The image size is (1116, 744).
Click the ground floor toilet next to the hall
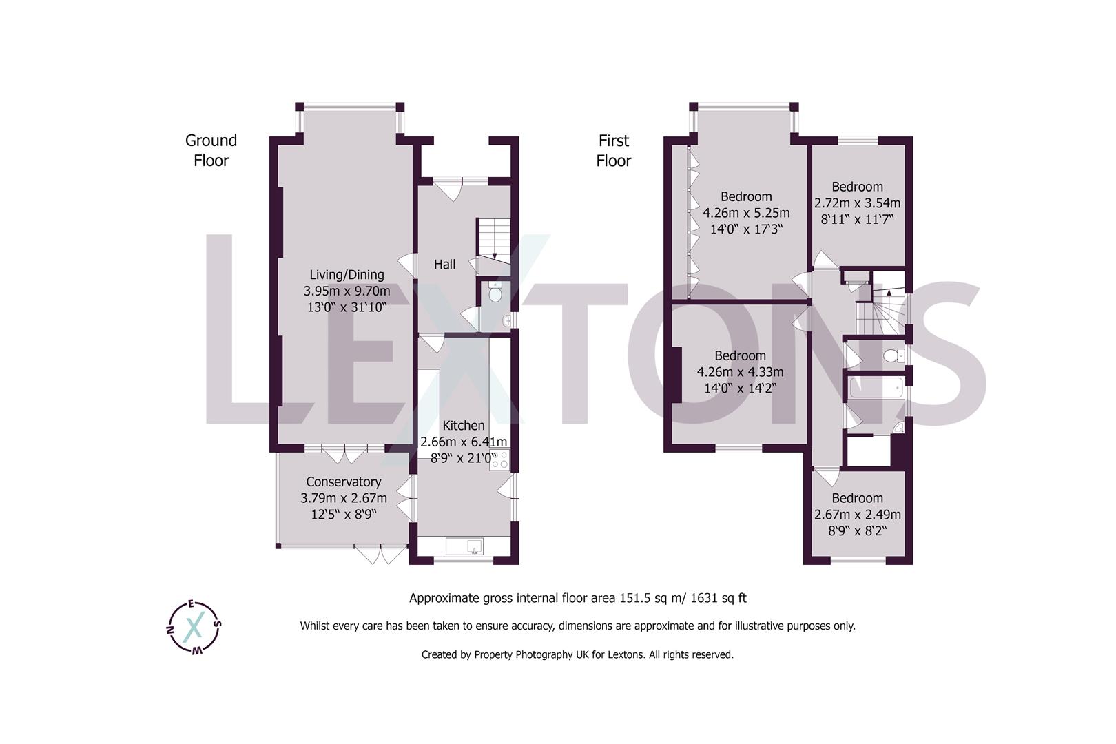click(x=494, y=293)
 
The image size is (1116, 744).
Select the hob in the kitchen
click(x=499, y=459)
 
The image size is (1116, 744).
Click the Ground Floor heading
click(x=211, y=150)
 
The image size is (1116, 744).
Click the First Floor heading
click(x=613, y=150)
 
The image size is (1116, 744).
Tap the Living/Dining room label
click(x=347, y=274)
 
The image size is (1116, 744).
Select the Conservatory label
click(x=343, y=482)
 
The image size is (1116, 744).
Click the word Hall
click(x=444, y=265)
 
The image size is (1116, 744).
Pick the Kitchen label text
click(x=464, y=426)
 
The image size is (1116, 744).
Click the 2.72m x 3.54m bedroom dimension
click(x=857, y=203)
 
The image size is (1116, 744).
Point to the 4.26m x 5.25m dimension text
click(x=746, y=213)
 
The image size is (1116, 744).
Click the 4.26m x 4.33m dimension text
click(x=740, y=372)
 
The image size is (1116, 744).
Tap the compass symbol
click(x=195, y=626)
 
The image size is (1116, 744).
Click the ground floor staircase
click(x=493, y=238)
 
